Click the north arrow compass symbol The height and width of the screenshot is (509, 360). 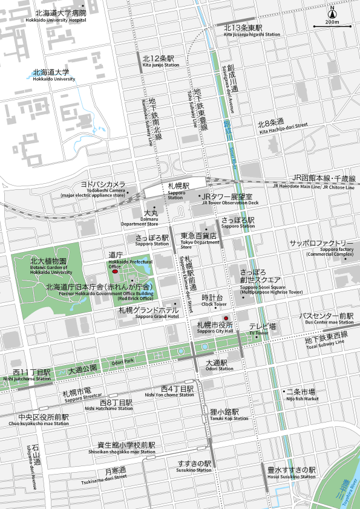[x=332, y=14]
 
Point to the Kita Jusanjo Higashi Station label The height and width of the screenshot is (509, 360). [x=252, y=31]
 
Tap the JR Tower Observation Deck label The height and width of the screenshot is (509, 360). [x=226, y=199]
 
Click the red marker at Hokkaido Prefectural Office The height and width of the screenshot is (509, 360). [x=116, y=273]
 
